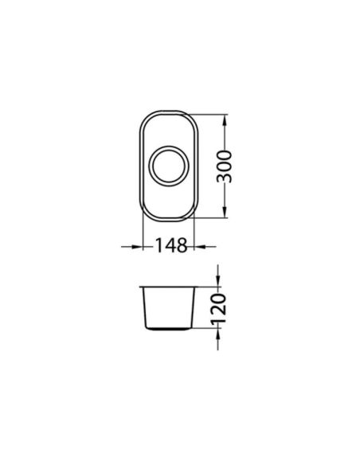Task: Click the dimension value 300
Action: (x=224, y=166)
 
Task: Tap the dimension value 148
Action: (x=171, y=246)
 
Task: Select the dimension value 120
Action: (x=219, y=308)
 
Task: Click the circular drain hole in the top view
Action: (x=168, y=166)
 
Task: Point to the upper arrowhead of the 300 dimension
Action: (x=224, y=121)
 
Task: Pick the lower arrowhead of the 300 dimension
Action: (x=224, y=211)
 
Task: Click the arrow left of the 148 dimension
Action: (x=132, y=247)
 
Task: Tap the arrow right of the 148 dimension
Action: (x=205, y=247)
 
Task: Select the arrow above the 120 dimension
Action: (x=218, y=275)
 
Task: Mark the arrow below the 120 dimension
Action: (x=218, y=339)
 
